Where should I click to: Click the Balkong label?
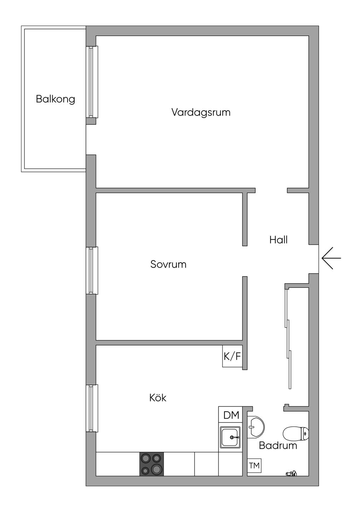(56, 99)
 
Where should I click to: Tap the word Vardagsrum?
(201, 112)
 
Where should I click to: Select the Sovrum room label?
(168, 264)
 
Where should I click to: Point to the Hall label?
(278, 240)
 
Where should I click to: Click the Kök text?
(158, 398)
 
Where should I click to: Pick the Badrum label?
(278, 446)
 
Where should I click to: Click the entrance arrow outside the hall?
(331, 258)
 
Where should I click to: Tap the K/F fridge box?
(232, 356)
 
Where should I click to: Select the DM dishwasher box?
(231, 415)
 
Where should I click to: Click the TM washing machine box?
(254, 466)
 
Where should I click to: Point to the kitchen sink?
(230, 437)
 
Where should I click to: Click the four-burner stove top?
(152, 464)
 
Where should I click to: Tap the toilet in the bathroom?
(296, 433)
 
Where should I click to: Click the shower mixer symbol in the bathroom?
(291, 473)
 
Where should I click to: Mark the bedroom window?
(92, 270)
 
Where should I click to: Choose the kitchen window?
(92, 408)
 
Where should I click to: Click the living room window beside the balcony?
(92, 82)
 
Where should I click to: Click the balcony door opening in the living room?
(91, 140)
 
